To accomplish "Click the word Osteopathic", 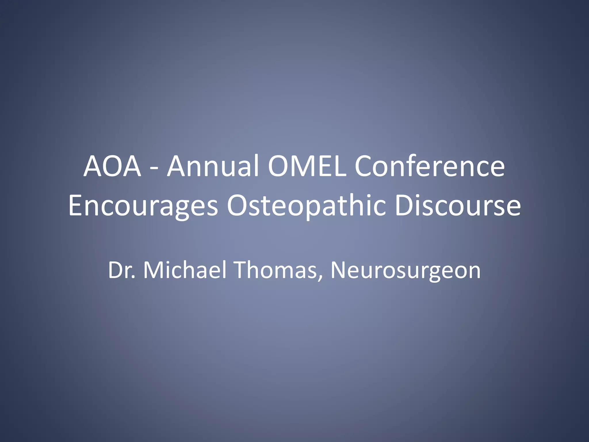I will click(306, 206).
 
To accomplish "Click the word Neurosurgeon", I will click(406, 270).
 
